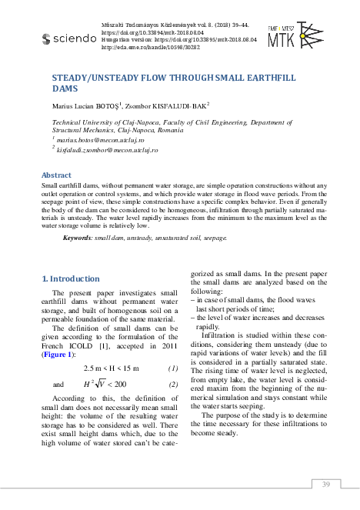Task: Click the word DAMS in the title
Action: (x=64, y=89)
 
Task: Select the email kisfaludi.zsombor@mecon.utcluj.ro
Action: (x=107, y=152)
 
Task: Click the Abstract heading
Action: (x=55, y=175)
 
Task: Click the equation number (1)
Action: (x=173, y=368)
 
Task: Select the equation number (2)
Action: (x=173, y=384)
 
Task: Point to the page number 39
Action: (x=325, y=484)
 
